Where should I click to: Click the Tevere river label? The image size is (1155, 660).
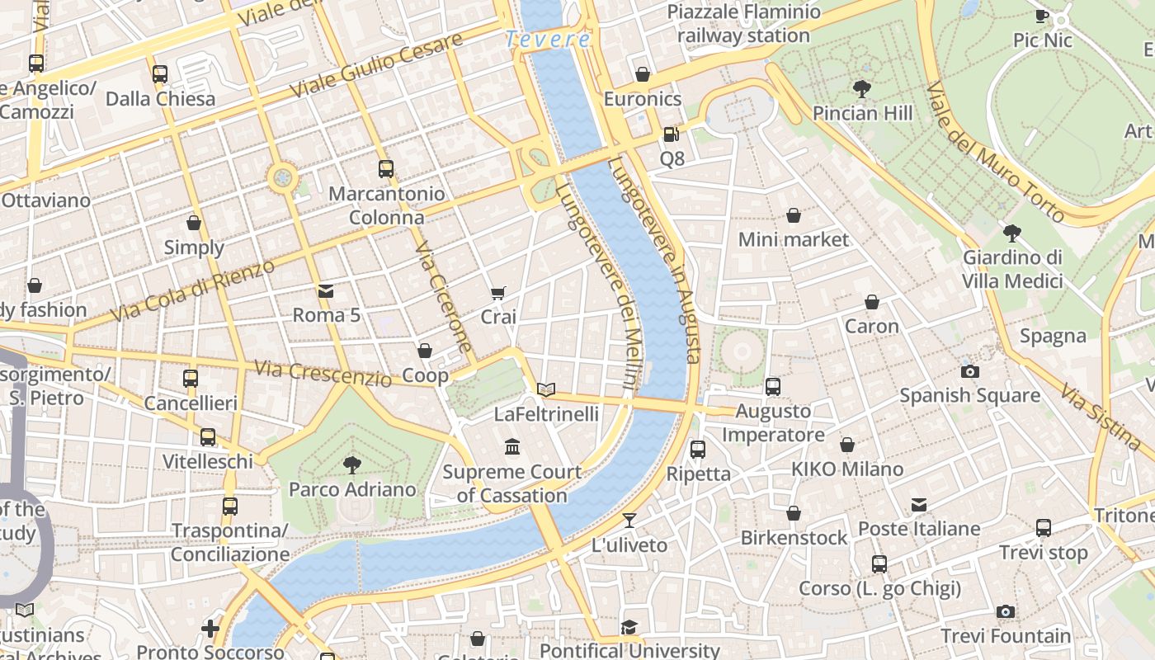point(548,39)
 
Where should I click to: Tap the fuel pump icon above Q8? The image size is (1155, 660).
point(672,134)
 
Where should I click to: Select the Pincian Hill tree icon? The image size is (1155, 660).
point(862,88)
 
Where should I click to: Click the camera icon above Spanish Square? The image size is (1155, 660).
point(970,371)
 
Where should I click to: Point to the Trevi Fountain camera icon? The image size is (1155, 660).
point(1005,611)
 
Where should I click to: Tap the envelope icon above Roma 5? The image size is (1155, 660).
point(326,290)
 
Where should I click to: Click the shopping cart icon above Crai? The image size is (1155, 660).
point(497,293)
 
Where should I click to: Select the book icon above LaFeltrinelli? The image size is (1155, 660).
point(545,389)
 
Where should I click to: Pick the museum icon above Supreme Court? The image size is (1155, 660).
point(512,447)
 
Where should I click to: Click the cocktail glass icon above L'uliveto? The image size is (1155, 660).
point(629,521)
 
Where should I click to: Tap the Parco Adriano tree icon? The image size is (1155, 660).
point(352,464)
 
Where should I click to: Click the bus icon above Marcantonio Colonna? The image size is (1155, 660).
point(385,169)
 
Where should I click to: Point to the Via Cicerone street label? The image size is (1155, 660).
point(443,297)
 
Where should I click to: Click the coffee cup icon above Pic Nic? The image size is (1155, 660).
point(1042,16)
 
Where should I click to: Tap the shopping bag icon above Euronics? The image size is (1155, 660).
point(643,74)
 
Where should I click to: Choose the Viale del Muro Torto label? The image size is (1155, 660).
point(994,152)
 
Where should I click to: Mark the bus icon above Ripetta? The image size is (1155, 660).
point(698,450)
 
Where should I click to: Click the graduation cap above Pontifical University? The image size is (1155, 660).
point(629,628)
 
